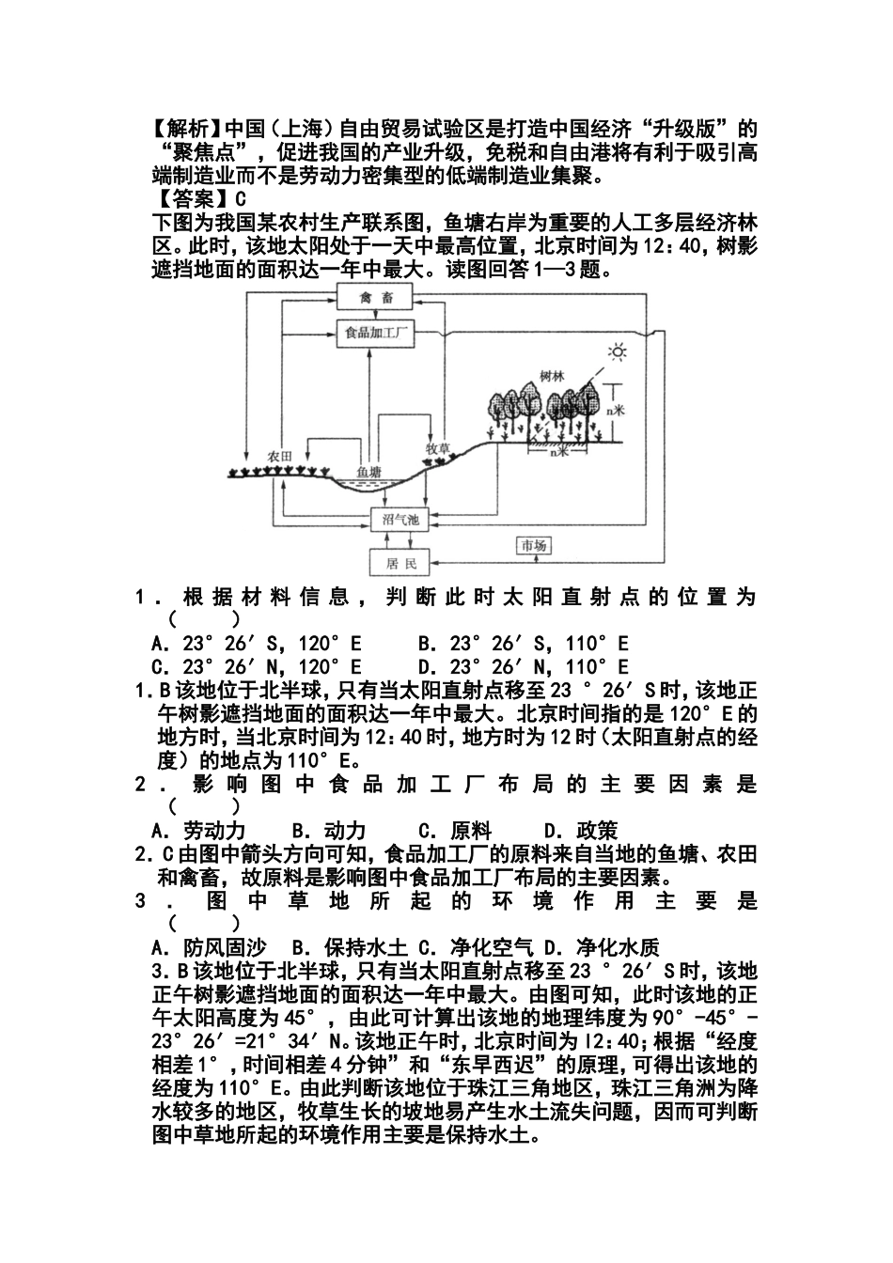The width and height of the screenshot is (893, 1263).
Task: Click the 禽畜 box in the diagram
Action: (376, 299)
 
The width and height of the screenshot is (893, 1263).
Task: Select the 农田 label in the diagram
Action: (279, 455)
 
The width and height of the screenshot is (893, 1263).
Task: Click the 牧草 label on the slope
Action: (438, 448)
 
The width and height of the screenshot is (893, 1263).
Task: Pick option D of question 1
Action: (523, 666)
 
